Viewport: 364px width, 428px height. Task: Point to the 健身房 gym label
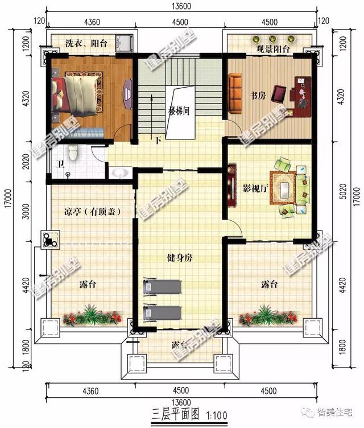180,258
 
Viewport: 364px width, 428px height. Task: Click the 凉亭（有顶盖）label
92,212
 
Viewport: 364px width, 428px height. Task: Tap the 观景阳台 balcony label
273,50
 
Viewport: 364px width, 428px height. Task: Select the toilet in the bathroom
72,152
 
